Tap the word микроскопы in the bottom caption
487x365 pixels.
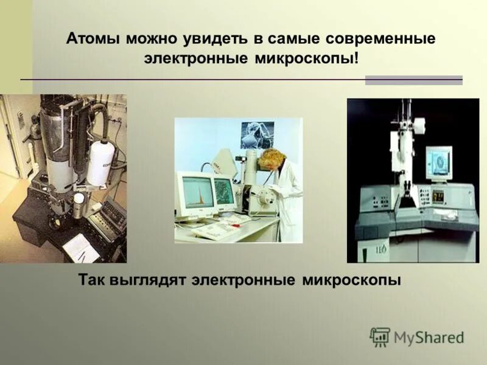point(352,280)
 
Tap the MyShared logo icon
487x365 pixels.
point(380,337)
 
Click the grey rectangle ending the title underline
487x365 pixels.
point(413,80)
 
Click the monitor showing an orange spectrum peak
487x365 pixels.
point(196,192)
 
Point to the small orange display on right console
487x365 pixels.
point(438,196)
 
